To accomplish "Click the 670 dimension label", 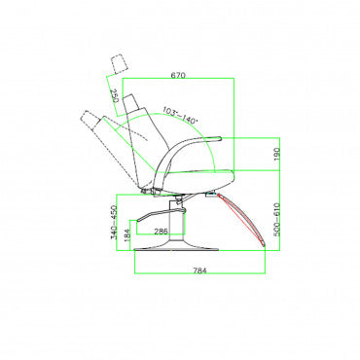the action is tap(178, 75).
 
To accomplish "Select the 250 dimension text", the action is tap(114, 96).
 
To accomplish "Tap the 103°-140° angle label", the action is tap(180, 116).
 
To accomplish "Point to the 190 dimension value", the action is tap(276, 155).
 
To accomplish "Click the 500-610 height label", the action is tap(276, 220).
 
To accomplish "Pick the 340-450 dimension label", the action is tap(114, 222).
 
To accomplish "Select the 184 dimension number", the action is tap(127, 234).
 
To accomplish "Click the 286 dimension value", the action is tap(161, 232).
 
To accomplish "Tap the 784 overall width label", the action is tap(199, 270).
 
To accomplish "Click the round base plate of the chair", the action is tap(176, 249).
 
